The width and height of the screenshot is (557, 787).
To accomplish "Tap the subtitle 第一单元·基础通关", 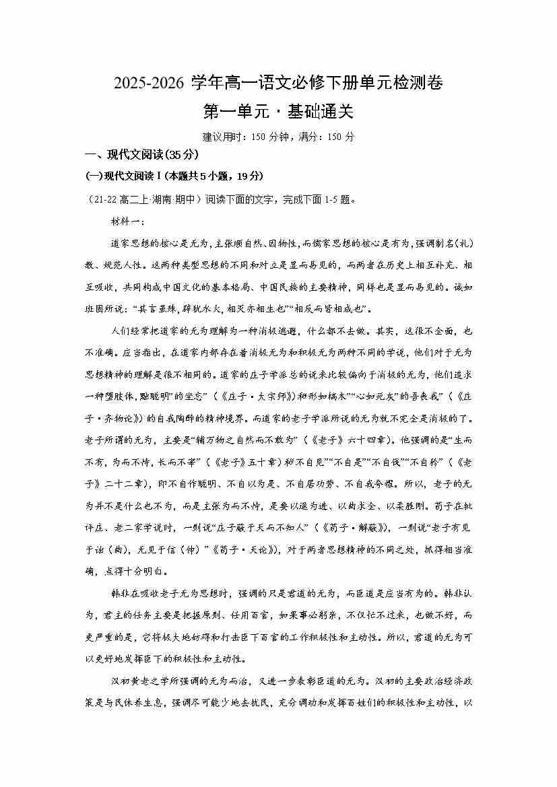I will point(278,111).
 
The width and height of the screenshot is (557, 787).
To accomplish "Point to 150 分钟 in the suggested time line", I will point(270,137).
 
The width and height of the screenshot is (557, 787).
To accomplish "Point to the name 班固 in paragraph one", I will point(96,309).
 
